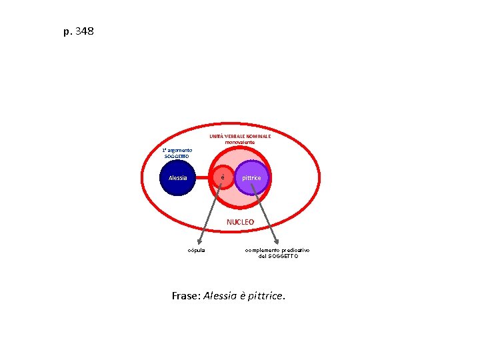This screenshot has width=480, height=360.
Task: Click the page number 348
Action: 85,31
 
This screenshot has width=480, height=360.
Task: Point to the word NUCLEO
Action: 240,221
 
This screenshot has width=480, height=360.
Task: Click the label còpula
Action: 197,250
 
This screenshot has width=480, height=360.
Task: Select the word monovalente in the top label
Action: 240,142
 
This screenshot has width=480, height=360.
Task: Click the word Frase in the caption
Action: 184,295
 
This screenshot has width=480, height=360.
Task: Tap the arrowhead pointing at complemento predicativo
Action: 275,243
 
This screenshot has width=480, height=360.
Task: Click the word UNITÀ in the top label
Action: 217,136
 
